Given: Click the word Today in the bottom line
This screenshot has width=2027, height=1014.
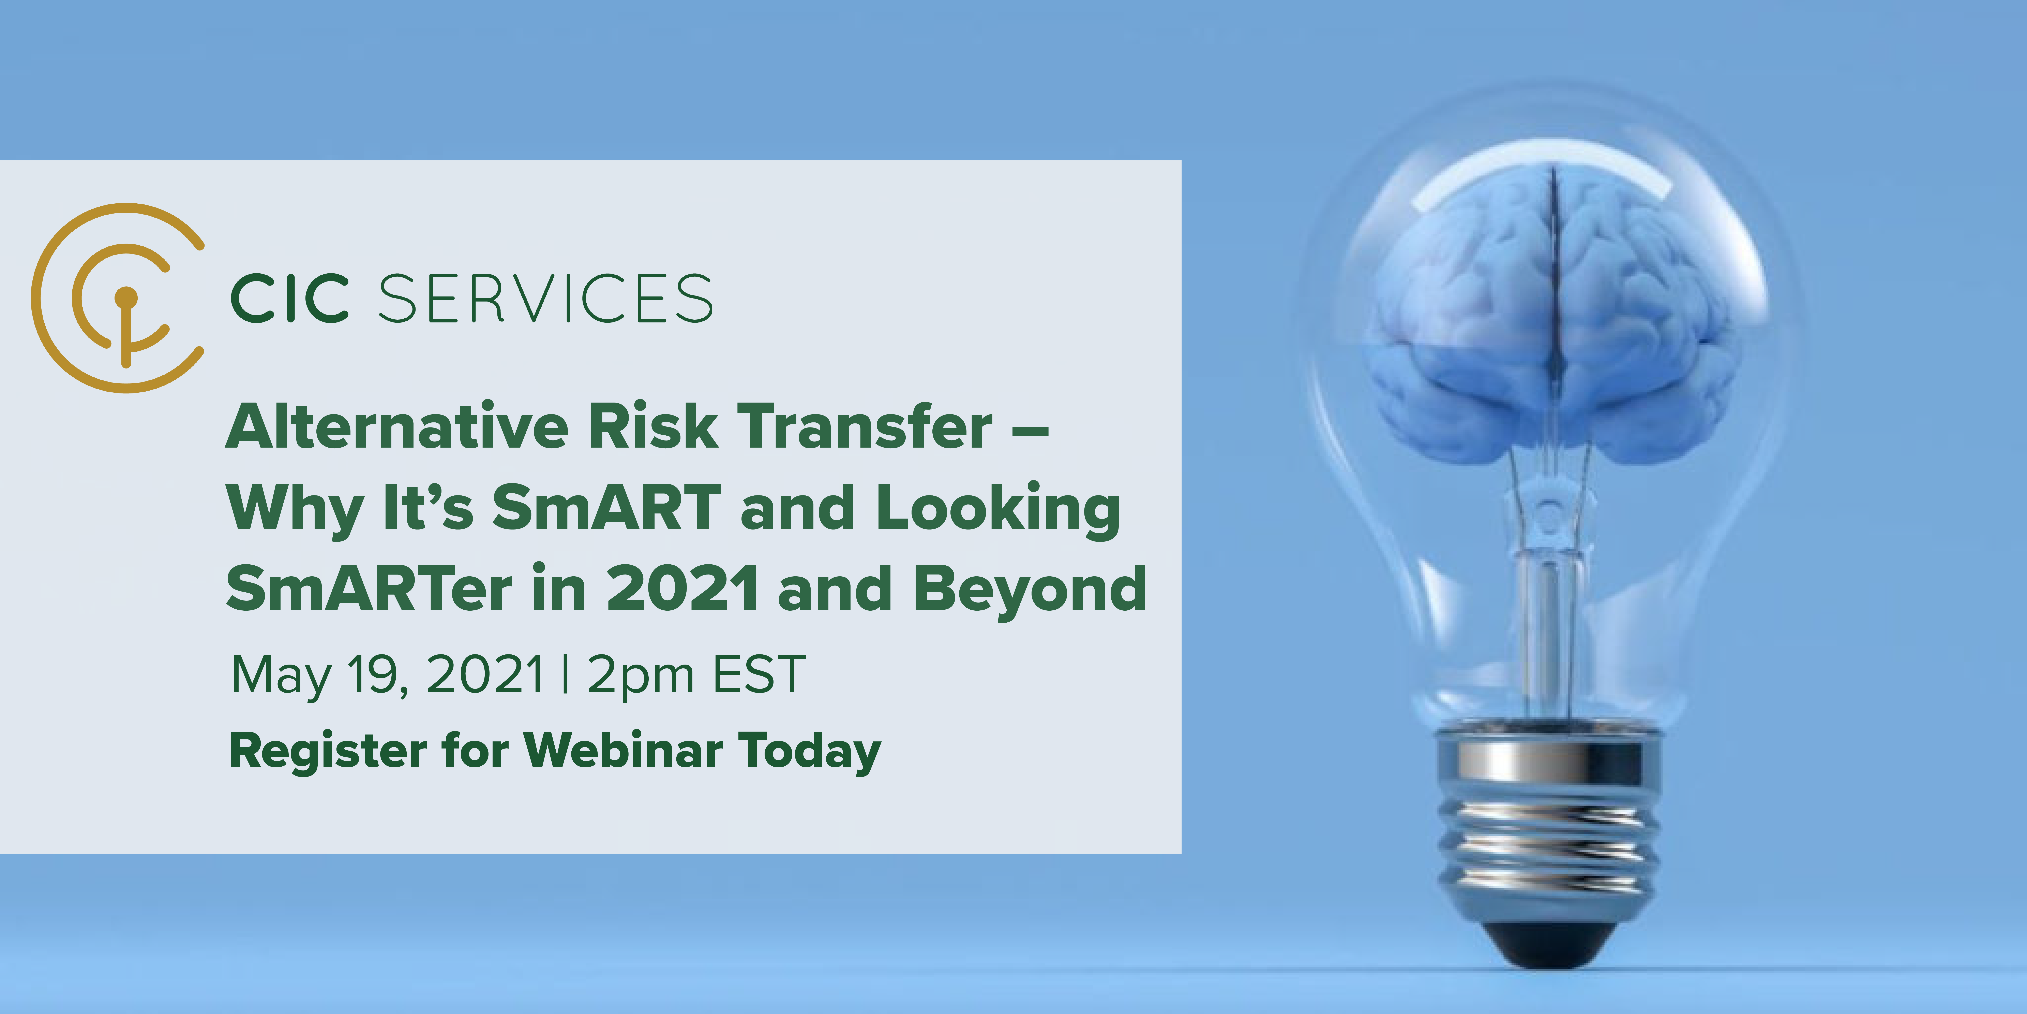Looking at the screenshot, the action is pos(809,752).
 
